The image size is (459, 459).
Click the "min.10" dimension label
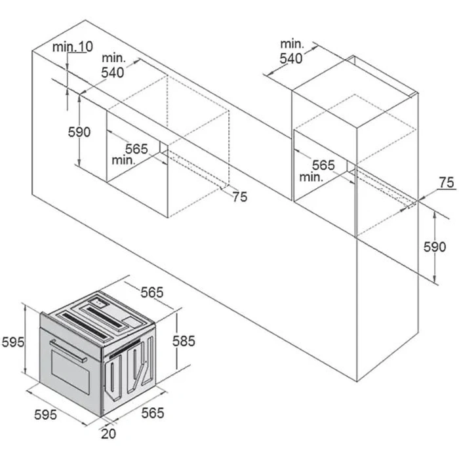point(73,47)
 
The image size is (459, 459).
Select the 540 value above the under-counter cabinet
point(113,72)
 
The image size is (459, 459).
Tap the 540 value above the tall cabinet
point(291,58)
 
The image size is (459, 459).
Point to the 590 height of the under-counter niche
point(79,132)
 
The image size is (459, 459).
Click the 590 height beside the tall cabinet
point(435,247)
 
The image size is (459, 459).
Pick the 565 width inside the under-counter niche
point(136,149)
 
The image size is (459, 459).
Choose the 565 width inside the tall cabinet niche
point(323,165)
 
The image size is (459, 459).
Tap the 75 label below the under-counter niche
point(240,197)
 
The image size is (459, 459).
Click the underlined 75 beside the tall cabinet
point(447,183)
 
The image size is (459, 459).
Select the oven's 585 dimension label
point(184,341)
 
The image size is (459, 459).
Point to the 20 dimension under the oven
point(109,433)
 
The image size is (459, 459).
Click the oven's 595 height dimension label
point(13,342)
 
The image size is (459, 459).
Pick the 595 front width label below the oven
point(45,414)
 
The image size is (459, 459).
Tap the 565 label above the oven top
point(152,292)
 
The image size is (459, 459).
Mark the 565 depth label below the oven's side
point(153,413)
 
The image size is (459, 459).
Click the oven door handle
point(68,351)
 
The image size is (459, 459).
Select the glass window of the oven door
point(71,372)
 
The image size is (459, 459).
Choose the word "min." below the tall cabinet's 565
point(311,177)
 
